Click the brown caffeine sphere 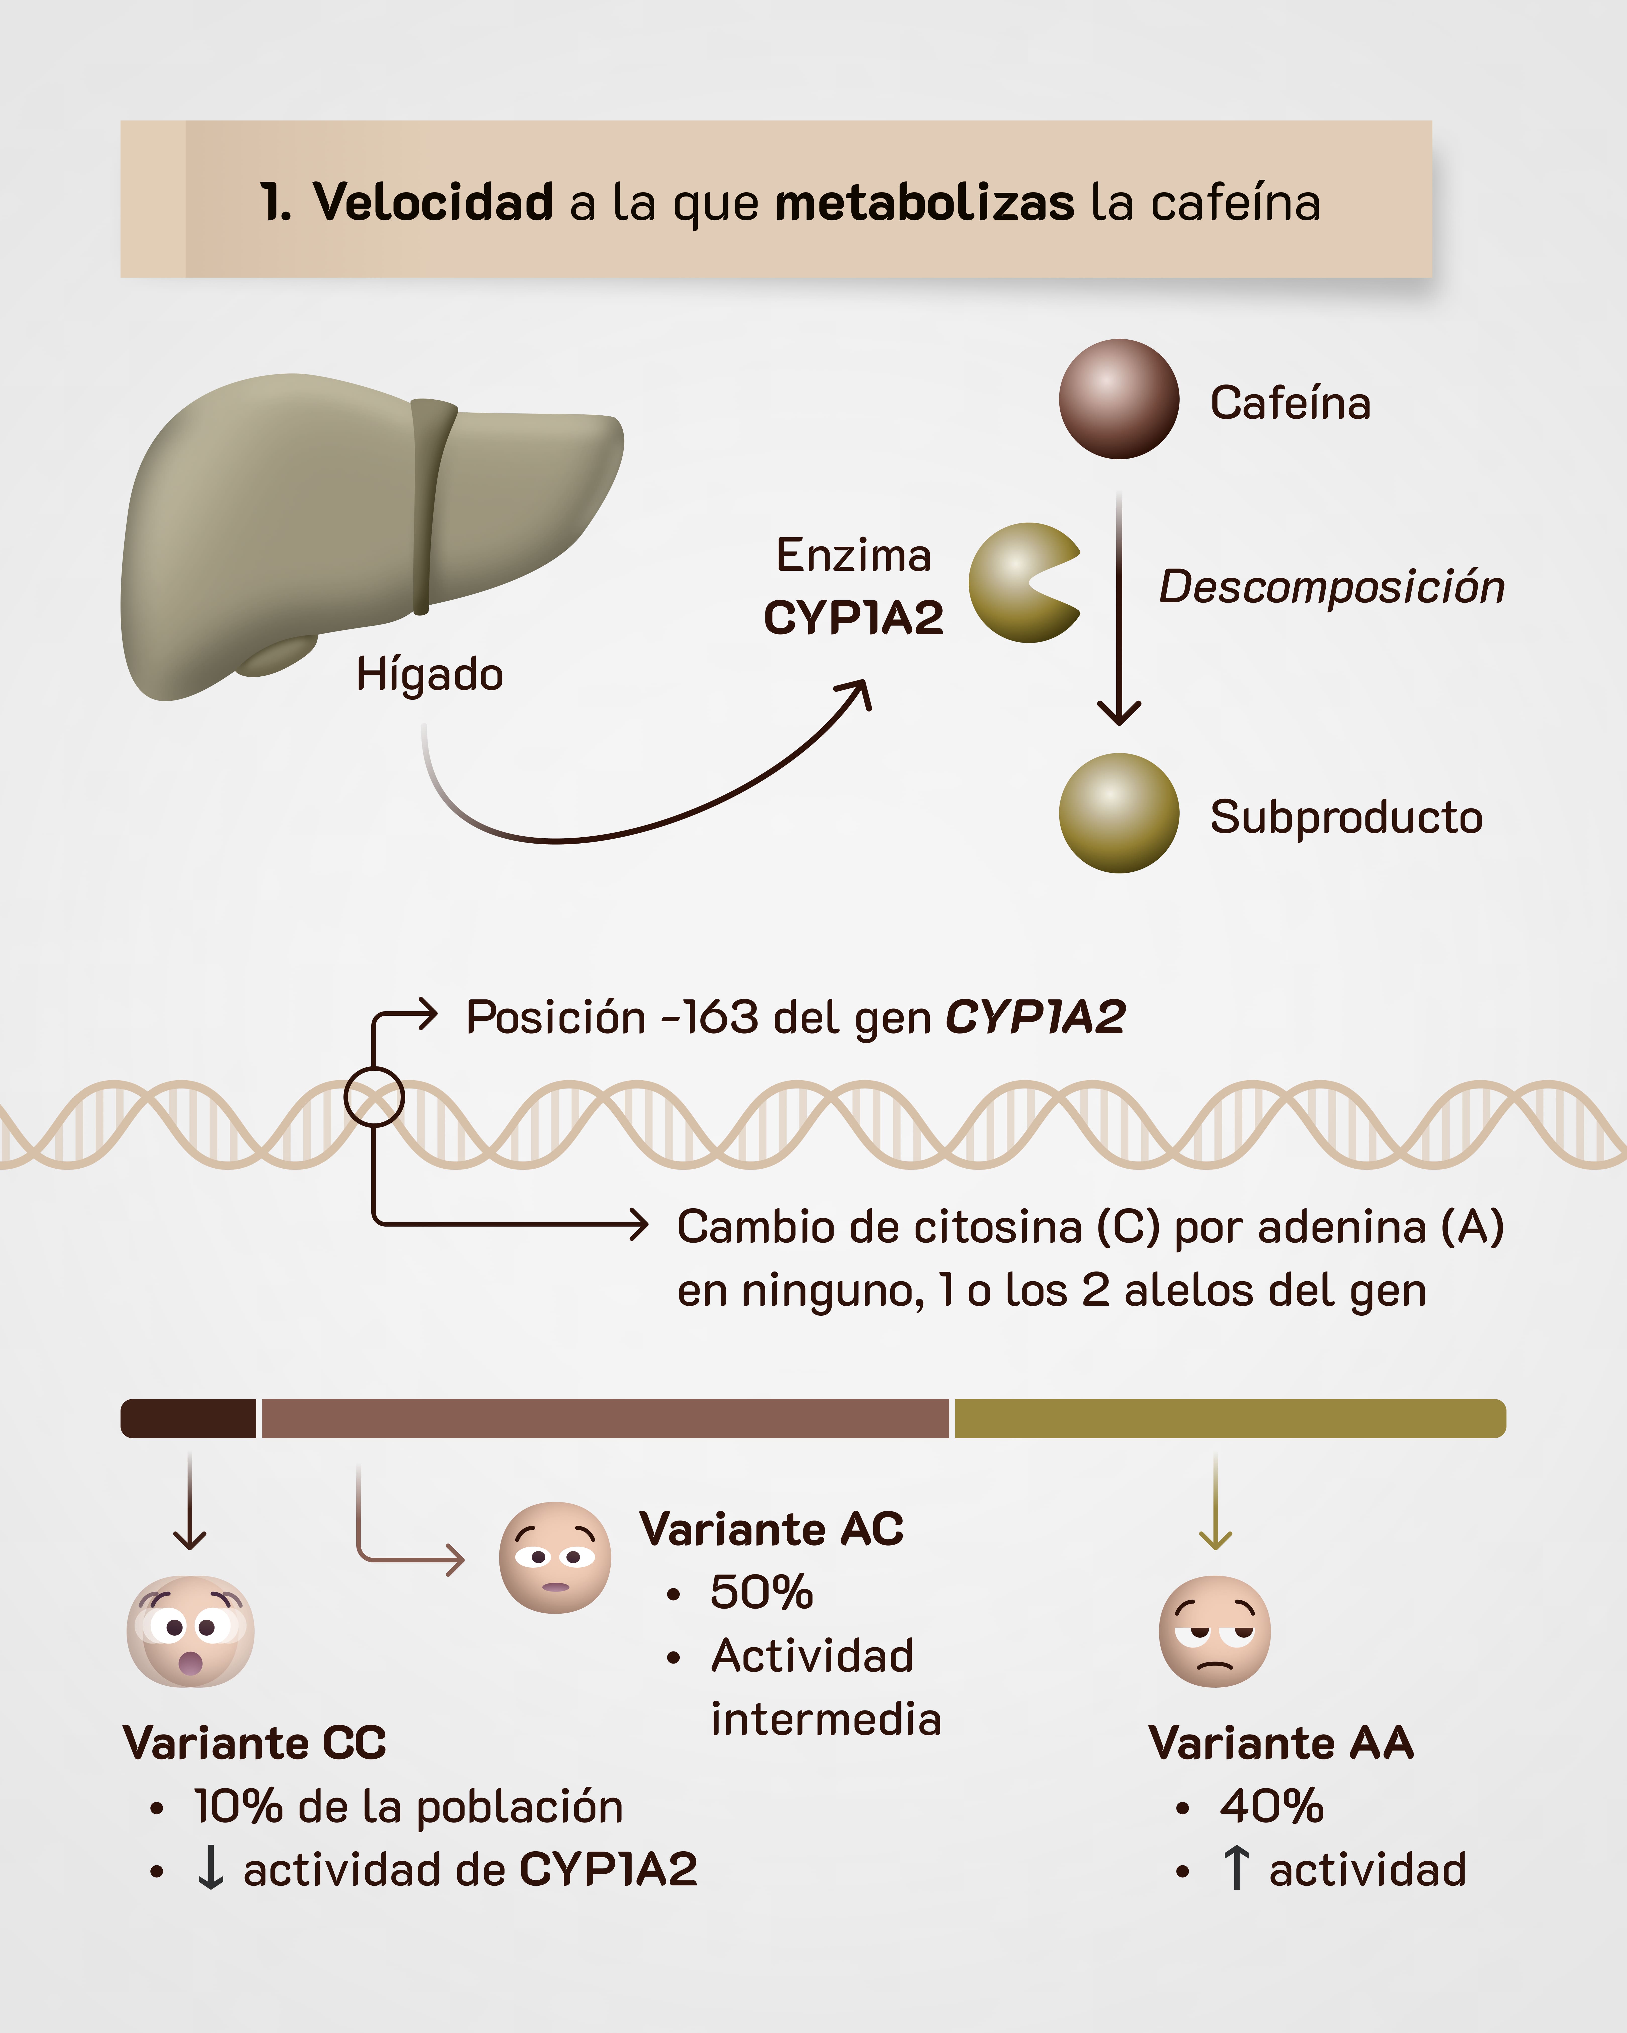[x=1119, y=399]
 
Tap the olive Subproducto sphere [x=1119, y=813]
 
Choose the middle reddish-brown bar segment [x=604, y=1418]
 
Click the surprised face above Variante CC [x=191, y=1631]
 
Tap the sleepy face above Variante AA [x=1215, y=1631]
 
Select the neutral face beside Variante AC [x=555, y=1558]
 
